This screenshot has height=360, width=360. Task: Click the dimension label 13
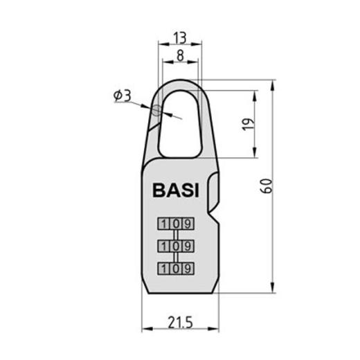coord(180,37)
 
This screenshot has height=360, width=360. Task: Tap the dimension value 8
coord(180,55)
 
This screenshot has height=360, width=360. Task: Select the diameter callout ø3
coord(122,96)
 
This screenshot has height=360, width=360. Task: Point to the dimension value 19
coord(249,125)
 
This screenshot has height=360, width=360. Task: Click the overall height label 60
coord(267,186)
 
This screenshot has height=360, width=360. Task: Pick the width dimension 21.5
coord(180,323)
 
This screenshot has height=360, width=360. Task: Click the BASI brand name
coord(175,190)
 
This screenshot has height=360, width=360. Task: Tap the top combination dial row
coord(176,224)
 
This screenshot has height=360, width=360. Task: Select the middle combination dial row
coord(176,246)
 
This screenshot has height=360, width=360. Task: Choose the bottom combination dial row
coord(176,269)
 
